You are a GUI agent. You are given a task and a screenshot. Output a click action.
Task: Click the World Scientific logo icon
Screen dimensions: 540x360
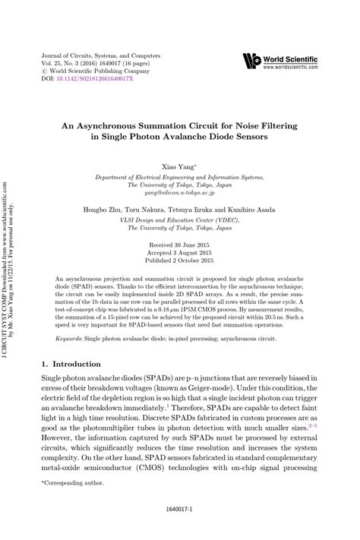252,59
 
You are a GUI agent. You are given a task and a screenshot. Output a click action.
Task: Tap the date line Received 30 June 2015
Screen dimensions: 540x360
180,225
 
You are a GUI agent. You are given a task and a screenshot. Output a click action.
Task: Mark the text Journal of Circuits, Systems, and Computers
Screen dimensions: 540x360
95,55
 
